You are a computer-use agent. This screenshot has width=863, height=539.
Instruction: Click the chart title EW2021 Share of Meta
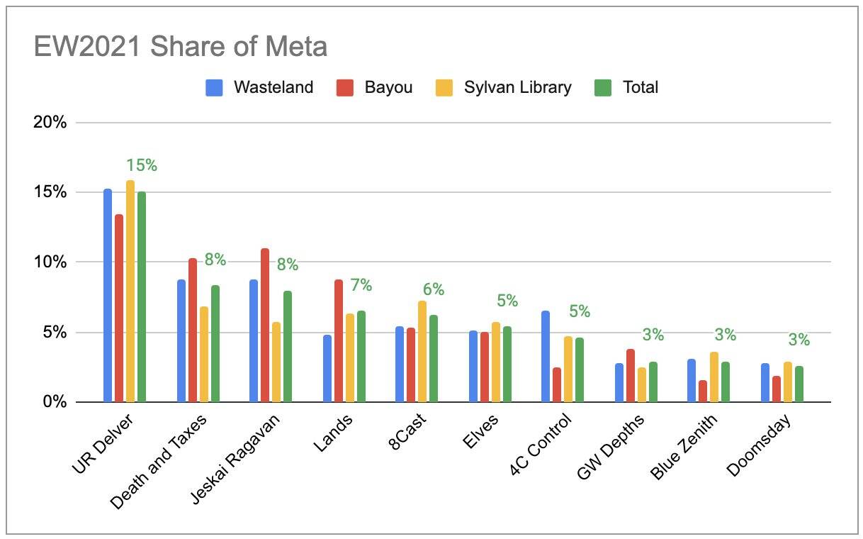181,47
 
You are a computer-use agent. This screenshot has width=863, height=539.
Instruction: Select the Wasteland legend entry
273,87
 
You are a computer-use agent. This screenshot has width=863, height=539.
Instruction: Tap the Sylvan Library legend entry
517,87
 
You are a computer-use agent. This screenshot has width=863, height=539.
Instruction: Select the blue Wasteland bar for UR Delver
108,295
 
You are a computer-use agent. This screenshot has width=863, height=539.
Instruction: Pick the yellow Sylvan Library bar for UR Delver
130,291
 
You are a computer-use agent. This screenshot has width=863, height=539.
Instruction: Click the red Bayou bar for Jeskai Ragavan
265,325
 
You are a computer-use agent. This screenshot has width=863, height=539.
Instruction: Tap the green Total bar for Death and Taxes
215,343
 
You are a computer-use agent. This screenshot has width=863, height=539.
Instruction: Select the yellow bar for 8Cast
422,351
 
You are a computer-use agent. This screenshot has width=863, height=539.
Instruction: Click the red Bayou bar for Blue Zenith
703,391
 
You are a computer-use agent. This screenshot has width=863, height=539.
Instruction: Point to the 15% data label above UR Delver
142,165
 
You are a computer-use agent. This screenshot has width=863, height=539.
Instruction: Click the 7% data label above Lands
361,285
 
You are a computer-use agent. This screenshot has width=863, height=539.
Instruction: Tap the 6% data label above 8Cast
434,289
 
